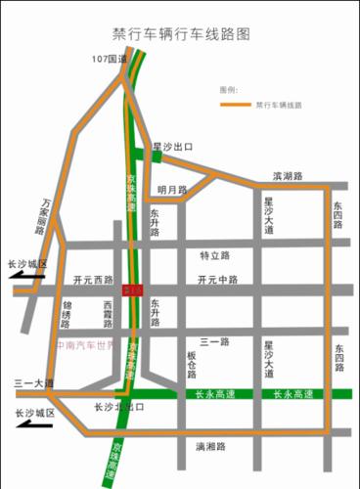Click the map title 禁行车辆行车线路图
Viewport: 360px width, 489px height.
tap(181, 33)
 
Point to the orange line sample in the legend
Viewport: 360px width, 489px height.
tap(234, 104)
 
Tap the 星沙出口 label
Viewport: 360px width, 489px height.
tap(172, 147)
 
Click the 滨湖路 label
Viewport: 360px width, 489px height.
tap(288, 177)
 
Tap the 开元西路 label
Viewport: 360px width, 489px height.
tap(93, 280)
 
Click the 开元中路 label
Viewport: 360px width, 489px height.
tap(217, 280)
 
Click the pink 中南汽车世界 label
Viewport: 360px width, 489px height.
tap(85, 345)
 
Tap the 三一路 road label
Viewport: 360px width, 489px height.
tap(214, 342)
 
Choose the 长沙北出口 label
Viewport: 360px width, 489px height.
tap(119, 407)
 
